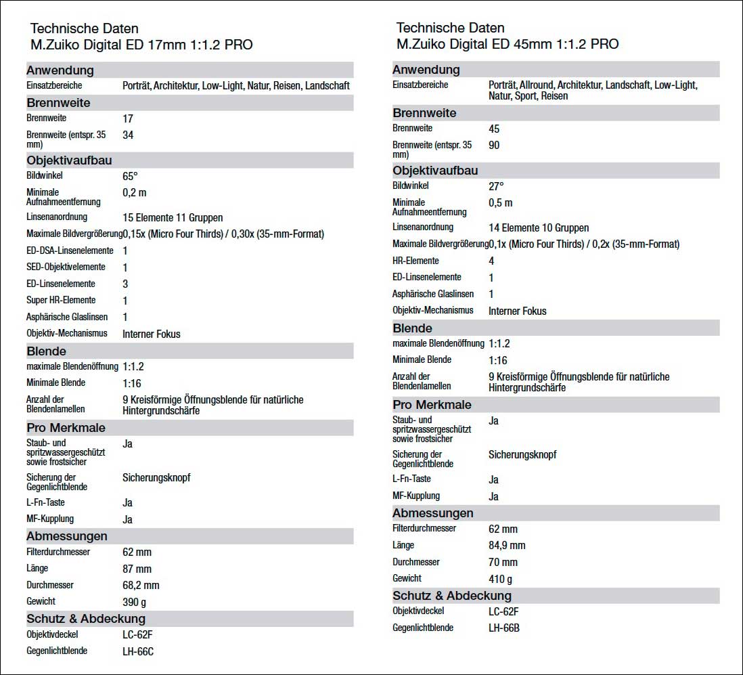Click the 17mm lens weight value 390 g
tap(134, 602)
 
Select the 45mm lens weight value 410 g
tap(500, 579)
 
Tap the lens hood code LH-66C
tap(138, 652)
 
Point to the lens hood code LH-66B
tap(504, 628)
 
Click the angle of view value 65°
tap(130, 176)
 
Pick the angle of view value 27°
tap(496, 186)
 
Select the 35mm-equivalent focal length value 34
tap(128, 135)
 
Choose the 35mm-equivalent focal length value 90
tap(494, 146)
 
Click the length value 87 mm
tap(137, 569)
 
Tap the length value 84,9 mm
tap(507, 546)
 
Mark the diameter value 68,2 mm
tap(141, 585)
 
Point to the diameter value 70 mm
tap(503, 562)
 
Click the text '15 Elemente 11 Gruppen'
tap(173, 218)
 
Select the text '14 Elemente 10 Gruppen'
tap(539, 228)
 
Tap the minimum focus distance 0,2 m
tap(134, 193)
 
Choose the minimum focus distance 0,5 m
tap(500, 203)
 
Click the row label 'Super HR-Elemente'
tap(61, 300)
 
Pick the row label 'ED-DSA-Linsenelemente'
tap(70, 251)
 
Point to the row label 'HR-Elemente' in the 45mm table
tap(415, 261)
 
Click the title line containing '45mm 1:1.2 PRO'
tap(507, 45)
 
